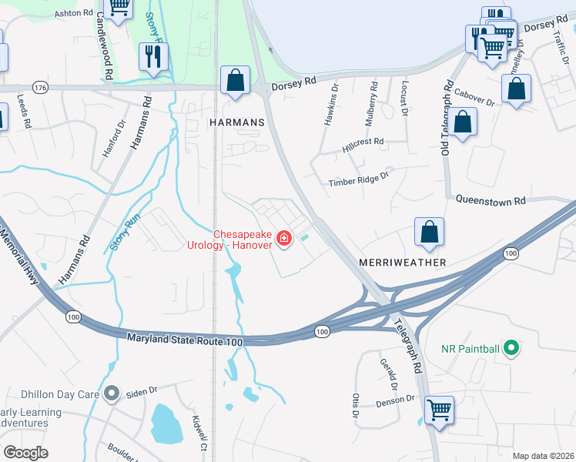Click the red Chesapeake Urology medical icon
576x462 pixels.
pyautogui.click(x=284, y=239)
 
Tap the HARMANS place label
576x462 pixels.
pyautogui.click(x=236, y=122)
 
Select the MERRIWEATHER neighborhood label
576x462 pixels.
pyautogui.click(x=403, y=263)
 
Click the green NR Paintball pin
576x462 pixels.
pyautogui.click(x=511, y=349)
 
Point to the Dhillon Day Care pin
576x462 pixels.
pyautogui.click(x=112, y=394)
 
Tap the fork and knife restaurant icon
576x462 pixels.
pyautogui.click(x=152, y=56)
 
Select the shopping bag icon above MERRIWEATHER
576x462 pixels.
pyautogui.click(x=429, y=232)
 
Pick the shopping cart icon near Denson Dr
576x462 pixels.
pyautogui.click(x=439, y=409)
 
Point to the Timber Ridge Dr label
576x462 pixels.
pyautogui.click(x=360, y=182)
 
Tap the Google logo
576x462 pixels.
pyautogui.click(x=26, y=452)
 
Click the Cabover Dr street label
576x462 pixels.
pyautogui.click(x=474, y=99)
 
